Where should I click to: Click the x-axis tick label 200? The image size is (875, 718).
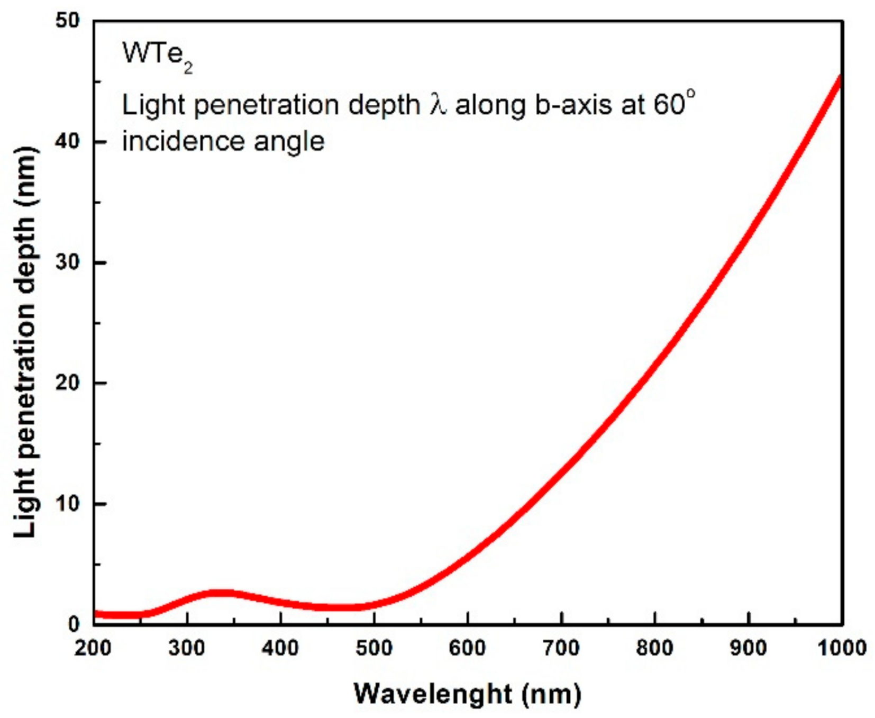pyautogui.click(x=93, y=648)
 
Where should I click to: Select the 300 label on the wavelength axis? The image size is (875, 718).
pyautogui.click(x=187, y=648)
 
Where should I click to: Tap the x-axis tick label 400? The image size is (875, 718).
pyautogui.click(x=280, y=648)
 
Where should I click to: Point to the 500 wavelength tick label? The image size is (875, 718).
pyautogui.click(x=374, y=648)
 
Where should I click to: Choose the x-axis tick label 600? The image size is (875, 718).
pyautogui.click(x=468, y=648)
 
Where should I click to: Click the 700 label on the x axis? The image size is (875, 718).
pyautogui.click(x=561, y=648)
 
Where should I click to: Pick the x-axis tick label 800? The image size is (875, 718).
pyautogui.click(x=655, y=648)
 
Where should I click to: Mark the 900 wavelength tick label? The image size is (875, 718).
pyautogui.click(x=749, y=648)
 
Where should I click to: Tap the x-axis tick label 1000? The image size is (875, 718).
pyautogui.click(x=842, y=648)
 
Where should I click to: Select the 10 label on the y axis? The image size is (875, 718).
pyautogui.click(x=67, y=504)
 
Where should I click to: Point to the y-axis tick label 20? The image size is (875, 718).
pyautogui.click(x=67, y=383)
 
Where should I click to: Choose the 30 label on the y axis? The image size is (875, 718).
pyautogui.click(x=67, y=262)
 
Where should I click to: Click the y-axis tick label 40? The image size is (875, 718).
pyautogui.click(x=67, y=142)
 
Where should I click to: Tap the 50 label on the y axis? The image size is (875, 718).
pyautogui.click(x=67, y=21)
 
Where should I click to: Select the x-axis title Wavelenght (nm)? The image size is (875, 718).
pyautogui.click(x=467, y=694)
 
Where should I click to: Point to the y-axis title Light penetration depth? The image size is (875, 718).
pyautogui.click(x=25, y=341)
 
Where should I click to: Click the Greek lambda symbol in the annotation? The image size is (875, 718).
pyautogui.click(x=438, y=105)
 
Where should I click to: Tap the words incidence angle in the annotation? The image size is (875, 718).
pyautogui.click(x=223, y=141)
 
